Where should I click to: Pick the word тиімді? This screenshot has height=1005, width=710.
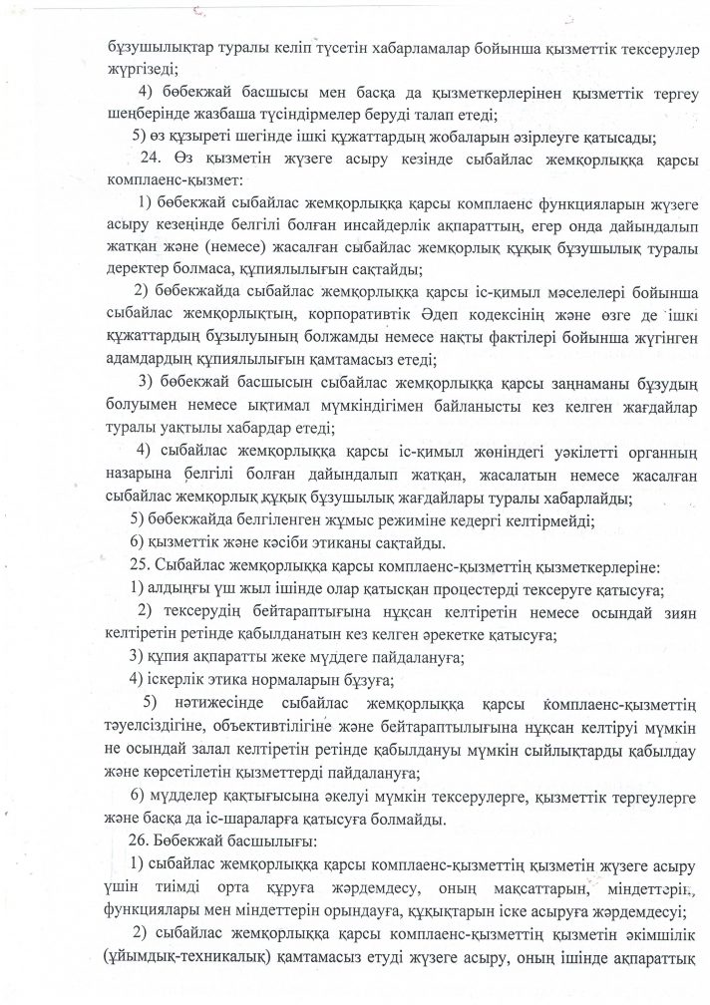point(173,886)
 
